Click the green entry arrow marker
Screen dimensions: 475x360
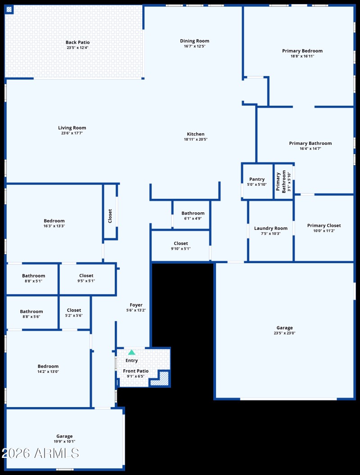click(131, 353)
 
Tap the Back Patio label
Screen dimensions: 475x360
click(77, 42)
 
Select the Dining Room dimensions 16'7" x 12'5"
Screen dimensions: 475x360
click(194, 46)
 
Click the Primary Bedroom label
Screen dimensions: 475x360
click(302, 51)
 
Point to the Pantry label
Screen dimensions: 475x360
click(257, 179)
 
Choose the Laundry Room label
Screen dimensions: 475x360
click(270, 228)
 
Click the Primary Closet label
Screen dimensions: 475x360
click(324, 225)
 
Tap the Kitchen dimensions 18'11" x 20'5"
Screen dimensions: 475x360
click(195, 139)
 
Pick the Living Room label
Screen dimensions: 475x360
click(72, 128)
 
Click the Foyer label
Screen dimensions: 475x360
click(136, 305)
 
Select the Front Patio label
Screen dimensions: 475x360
click(136, 371)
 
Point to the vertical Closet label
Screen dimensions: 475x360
click(110, 216)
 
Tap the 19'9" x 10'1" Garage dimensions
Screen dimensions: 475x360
click(64, 441)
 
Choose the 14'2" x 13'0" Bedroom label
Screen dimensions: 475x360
click(48, 366)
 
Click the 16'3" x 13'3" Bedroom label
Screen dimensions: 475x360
click(54, 221)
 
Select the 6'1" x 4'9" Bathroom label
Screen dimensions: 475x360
click(193, 213)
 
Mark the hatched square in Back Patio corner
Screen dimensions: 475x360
click(9, 9)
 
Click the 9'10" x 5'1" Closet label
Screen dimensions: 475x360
click(180, 243)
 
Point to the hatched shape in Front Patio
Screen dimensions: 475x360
click(162, 379)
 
